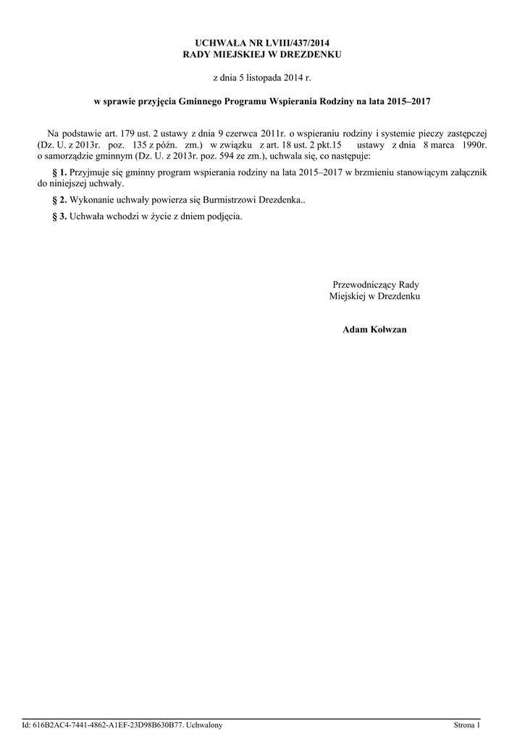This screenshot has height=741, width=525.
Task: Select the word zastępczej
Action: pyautogui.click(x=461, y=134)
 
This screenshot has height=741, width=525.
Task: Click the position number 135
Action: pyautogui.click(x=140, y=145)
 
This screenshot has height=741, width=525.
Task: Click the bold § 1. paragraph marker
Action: pyautogui.click(x=61, y=172)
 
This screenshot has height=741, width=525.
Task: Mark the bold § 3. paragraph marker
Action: pyautogui.click(x=61, y=216)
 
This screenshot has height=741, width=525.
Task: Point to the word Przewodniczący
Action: pyautogui.click(x=364, y=285)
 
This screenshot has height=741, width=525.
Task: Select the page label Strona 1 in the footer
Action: pyautogui.click(x=466, y=725)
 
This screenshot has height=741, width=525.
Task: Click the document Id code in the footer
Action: pyautogui.click(x=109, y=725)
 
